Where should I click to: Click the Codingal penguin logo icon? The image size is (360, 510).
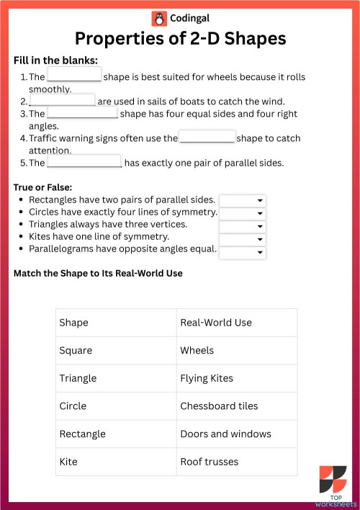point(159,18)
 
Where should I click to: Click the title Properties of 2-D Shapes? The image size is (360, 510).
point(180,38)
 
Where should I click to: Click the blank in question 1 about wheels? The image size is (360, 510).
point(74,76)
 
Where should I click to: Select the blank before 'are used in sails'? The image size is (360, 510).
point(62,100)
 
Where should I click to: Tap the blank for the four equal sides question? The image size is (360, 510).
point(81,113)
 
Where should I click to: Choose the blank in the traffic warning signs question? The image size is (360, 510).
point(207,137)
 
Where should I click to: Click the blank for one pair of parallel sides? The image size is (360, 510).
point(84,162)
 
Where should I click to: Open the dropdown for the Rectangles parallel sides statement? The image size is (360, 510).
point(243,200)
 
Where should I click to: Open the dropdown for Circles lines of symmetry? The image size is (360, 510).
point(243,213)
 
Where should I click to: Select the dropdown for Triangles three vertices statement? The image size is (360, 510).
point(243,226)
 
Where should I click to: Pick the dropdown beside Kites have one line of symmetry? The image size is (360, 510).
point(243,239)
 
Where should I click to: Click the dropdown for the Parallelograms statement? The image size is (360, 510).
point(243,252)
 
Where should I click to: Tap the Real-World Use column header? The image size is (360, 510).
point(216,323)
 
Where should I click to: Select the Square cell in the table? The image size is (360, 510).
point(76,351)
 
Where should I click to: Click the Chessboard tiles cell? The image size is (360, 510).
point(219,406)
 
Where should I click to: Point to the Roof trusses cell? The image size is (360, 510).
point(210,461)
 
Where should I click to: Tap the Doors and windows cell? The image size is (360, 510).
point(225,434)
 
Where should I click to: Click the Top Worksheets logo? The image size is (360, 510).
point(333,483)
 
